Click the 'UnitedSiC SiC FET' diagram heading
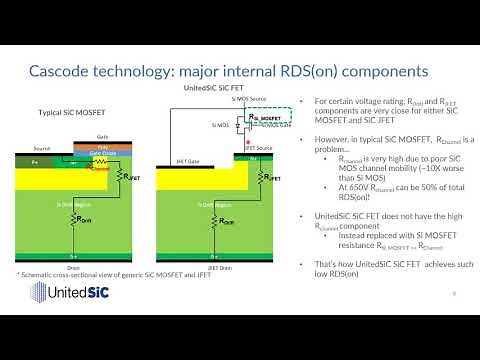[209, 90]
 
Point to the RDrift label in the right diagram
[229, 220]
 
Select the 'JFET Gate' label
[179, 158]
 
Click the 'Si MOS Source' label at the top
[248, 100]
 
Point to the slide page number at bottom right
[455, 293]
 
